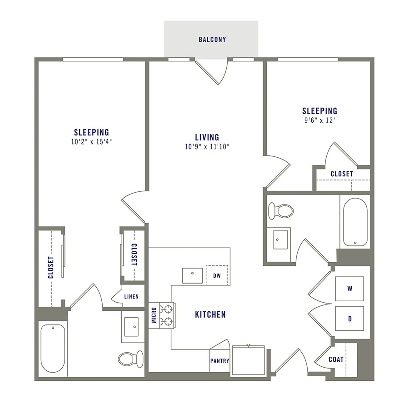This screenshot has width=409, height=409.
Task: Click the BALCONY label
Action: pos(212,40)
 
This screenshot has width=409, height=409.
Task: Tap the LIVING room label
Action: pos(207,137)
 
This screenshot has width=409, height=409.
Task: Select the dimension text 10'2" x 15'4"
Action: pos(91,141)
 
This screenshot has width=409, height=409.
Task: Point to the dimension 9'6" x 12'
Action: pos(320,120)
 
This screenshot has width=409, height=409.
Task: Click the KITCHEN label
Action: pos(210,314)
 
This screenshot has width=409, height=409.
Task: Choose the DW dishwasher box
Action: pos(217,275)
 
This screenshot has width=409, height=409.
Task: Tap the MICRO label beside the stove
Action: pos(154,315)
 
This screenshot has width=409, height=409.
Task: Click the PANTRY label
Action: pos(220,361)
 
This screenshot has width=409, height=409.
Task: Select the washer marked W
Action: pos(350,288)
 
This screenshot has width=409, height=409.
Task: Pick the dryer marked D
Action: pos(350,319)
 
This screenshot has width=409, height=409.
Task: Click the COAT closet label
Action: pos(336,359)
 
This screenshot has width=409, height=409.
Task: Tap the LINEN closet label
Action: pos(132,297)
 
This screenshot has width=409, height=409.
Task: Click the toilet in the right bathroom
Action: pos(280,211)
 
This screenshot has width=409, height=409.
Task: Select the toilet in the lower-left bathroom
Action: pos(130,359)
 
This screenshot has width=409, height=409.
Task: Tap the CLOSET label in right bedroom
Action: pos(342,174)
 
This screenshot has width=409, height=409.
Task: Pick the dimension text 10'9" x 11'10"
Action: pos(207,146)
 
